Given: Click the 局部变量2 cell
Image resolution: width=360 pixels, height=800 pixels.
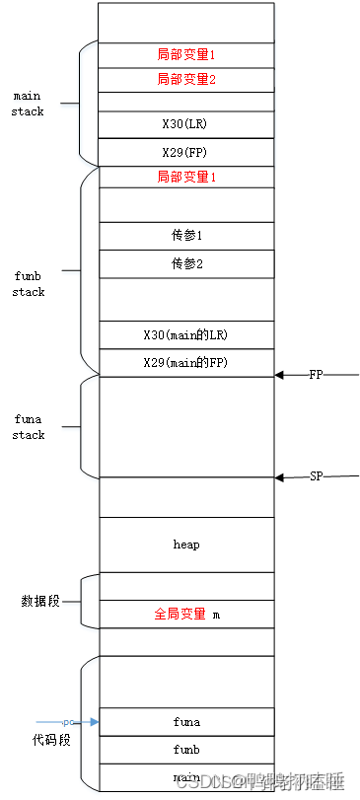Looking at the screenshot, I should (185, 79).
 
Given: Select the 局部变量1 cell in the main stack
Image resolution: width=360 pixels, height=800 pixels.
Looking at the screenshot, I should (185, 53).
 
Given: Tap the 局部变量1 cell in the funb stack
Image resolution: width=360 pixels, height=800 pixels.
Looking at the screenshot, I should (185, 178).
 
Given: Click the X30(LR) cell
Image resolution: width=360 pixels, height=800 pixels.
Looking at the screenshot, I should (185, 125).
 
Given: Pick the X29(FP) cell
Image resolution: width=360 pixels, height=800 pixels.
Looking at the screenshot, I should (185, 153).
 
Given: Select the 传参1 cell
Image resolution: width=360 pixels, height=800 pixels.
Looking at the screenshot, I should (185, 236).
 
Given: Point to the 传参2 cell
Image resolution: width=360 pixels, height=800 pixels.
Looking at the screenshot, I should (185, 263).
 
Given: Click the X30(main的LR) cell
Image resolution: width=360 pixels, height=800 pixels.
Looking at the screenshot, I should (185, 335).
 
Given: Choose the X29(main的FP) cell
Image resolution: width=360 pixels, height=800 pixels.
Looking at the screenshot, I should (185, 362).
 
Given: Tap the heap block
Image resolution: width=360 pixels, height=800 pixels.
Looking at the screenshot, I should (185, 544).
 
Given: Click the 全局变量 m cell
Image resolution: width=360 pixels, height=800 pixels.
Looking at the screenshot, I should (185, 614).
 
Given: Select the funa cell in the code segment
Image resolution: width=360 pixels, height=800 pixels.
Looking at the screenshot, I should (185, 722).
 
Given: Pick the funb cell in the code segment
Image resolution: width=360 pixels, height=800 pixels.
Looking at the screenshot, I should (185, 750).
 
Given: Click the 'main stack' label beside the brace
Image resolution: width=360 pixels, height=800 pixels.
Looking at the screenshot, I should (27, 104).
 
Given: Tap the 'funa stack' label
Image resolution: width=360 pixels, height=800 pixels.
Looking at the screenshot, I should (29, 427).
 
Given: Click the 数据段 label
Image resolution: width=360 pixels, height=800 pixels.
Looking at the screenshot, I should (40, 601).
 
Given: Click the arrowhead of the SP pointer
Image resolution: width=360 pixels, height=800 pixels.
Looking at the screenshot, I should (280, 477).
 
